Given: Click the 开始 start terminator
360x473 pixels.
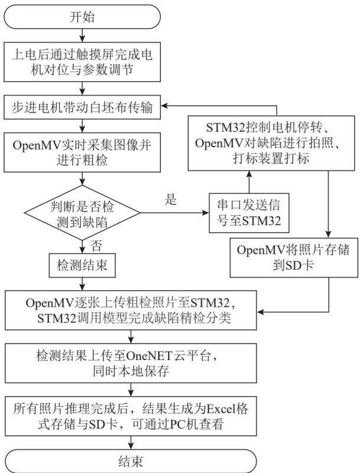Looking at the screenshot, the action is click(x=82, y=17).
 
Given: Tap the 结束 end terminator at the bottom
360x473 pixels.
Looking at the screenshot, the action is click(x=131, y=461).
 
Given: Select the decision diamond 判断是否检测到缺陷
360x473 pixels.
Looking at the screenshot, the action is click(x=82, y=213).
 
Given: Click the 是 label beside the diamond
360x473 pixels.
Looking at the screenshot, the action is click(x=171, y=199).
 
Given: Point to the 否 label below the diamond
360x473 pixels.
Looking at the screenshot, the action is click(x=96, y=246).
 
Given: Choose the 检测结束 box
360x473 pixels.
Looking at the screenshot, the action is click(x=82, y=265).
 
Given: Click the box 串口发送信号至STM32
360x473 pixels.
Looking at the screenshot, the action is click(x=249, y=213).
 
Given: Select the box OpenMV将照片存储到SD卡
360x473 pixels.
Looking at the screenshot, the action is click(x=293, y=258).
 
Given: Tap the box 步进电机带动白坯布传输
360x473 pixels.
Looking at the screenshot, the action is click(x=82, y=107).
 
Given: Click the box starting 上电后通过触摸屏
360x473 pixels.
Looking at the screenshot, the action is click(x=82, y=62).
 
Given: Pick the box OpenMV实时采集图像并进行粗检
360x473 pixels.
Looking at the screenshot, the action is click(x=82, y=153).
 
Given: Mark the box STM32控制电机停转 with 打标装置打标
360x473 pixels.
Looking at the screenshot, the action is click(x=271, y=143).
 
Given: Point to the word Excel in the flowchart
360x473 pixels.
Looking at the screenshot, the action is click(x=222, y=409).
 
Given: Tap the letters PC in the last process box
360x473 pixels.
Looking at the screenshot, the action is click(x=177, y=425).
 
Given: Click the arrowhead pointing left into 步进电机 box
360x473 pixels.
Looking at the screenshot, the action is click(x=164, y=106).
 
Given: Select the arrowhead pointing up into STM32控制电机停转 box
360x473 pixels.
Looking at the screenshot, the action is click(x=249, y=174).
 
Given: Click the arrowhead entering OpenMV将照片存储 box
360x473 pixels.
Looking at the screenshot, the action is click(x=328, y=234).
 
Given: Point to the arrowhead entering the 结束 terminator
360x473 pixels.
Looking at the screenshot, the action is click(x=131, y=446).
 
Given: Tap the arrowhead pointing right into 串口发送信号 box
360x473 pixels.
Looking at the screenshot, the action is click(x=205, y=213).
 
